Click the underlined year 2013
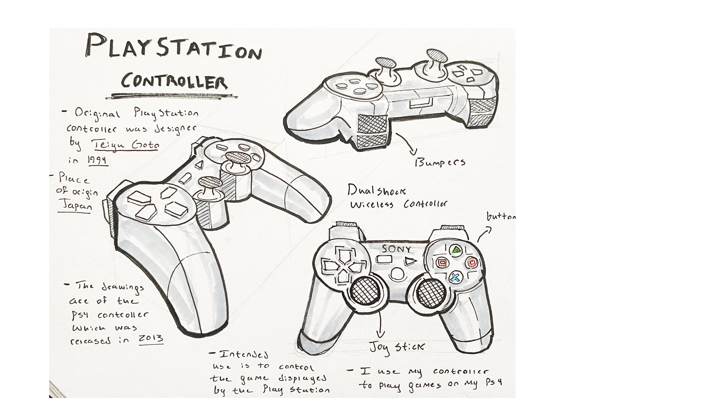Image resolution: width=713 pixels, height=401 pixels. tap(151, 338)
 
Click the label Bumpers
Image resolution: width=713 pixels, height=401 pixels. tap(440, 163)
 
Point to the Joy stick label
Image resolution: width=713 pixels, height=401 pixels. tap(396, 348)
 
